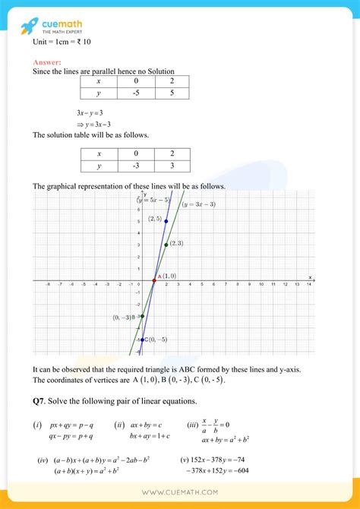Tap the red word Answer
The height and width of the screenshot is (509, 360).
46,62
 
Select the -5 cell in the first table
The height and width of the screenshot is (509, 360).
136,93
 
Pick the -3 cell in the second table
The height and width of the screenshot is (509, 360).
136,166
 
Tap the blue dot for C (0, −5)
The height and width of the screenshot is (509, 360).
142,340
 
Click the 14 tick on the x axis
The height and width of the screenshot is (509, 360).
308,286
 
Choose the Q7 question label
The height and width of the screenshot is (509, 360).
41,400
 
